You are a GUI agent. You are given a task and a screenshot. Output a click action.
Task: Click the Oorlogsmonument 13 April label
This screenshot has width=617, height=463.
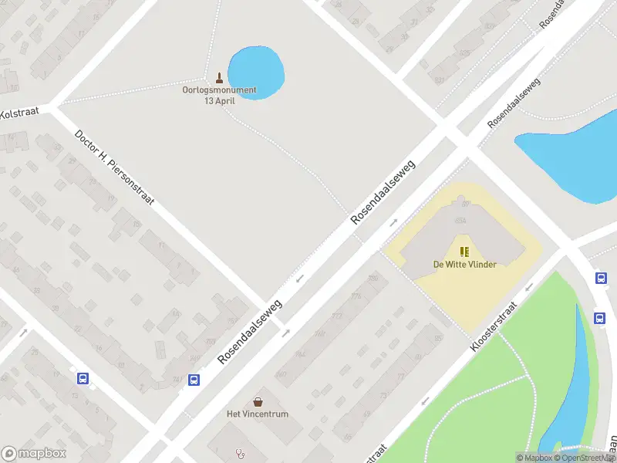(x=219, y=95)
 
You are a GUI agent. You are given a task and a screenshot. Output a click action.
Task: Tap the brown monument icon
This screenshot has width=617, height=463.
(x=220, y=77)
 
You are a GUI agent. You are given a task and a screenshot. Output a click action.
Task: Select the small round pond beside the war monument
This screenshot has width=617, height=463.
(x=257, y=69)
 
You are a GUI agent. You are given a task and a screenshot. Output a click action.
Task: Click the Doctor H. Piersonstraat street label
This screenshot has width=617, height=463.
(x=114, y=167)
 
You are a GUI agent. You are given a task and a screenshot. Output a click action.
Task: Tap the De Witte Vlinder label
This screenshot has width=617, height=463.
(x=464, y=265)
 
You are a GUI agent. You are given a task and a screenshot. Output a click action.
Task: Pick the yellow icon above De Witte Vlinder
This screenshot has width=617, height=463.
(x=464, y=252)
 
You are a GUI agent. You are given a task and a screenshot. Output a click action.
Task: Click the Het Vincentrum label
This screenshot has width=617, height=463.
(x=258, y=414)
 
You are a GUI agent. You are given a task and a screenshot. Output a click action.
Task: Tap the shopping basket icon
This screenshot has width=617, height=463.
(x=258, y=402)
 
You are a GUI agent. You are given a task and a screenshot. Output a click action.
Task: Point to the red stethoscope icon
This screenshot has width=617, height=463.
(x=240, y=454)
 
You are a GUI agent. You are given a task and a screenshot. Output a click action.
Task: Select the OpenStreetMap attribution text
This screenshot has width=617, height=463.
(x=585, y=458)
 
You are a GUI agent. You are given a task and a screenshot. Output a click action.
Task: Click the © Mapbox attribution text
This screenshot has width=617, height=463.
(x=534, y=458)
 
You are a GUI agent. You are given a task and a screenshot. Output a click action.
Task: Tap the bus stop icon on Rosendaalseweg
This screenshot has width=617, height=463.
(x=194, y=380)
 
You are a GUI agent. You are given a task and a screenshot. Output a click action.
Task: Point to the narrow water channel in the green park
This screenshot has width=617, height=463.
(x=575, y=386)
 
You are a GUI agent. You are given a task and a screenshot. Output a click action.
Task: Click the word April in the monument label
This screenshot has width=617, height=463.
(x=225, y=100)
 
